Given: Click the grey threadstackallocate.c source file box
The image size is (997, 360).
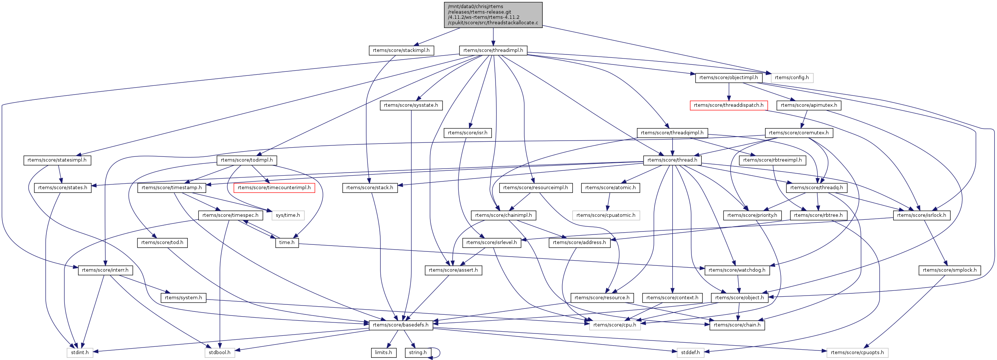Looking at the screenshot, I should point(493,15).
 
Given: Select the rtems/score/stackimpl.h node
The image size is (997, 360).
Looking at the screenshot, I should point(401,50).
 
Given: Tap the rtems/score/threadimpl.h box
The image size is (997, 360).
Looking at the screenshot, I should point(493,50).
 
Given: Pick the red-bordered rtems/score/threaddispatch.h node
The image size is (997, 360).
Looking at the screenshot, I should point(728,105).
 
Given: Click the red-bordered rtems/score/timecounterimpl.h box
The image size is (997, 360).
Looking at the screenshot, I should point(274,188).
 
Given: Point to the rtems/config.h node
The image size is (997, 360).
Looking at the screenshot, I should point(792,78).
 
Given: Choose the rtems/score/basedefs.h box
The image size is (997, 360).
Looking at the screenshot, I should point(400,325).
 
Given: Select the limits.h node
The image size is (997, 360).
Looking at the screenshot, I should point(383,353).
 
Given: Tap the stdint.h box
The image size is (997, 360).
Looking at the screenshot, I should point(80,353).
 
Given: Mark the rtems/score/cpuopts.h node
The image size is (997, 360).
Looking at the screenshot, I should point(857,353).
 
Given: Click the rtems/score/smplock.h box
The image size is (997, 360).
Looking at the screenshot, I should point(949,270).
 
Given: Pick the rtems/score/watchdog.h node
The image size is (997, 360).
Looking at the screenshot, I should point(737,270).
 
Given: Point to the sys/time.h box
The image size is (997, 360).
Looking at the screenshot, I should point(288,215).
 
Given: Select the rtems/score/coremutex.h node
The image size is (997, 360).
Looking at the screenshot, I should point(799,133).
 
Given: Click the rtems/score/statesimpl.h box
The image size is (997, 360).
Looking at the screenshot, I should point(57,160).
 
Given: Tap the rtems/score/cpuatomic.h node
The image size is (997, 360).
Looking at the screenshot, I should point(606,215).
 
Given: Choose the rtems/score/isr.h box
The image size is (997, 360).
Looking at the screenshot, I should point(468,133).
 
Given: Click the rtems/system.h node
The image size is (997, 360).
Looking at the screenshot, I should point(183,298).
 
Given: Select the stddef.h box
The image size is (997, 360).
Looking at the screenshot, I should point(690,353).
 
